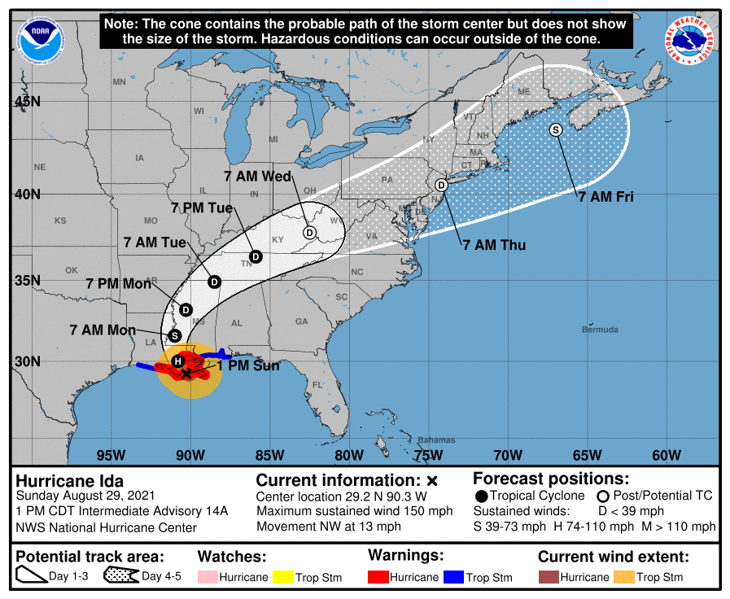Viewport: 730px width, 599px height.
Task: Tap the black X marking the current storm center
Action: (x=186, y=374)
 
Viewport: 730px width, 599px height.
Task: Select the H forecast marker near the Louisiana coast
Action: (x=178, y=361)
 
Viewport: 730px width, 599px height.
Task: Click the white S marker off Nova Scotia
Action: (x=556, y=129)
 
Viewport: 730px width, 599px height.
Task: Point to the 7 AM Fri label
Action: (x=605, y=196)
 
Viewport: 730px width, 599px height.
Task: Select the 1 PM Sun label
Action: (x=248, y=366)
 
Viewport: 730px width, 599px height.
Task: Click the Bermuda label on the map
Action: (x=600, y=330)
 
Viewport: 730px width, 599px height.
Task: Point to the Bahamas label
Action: (x=437, y=440)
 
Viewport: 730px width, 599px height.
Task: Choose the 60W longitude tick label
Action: (x=666, y=454)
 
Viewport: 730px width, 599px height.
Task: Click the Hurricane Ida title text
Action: (x=70, y=480)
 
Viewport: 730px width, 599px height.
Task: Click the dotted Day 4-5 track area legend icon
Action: (x=120, y=577)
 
